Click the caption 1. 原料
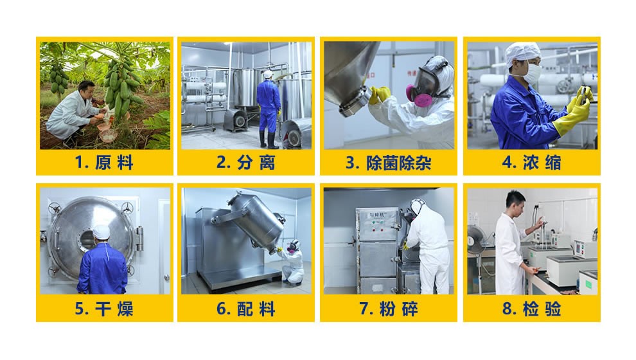pyautogui.click(x=104, y=163)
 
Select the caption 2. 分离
pyautogui.click(x=246, y=163)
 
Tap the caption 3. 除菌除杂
pyautogui.click(x=388, y=163)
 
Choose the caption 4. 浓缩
pyautogui.click(x=531, y=163)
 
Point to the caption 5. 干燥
pyautogui.click(x=104, y=309)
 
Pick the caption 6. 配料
pyautogui.click(x=246, y=309)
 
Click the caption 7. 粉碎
pyautogui.click(x=388, y=309)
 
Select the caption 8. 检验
pyautogui.click(x=531, y=309)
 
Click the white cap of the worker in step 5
pyautogui.click(x=101, y=232)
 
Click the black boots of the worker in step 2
pyautogui.click(x=269, y=139)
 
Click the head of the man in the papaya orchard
pyautogui.click(x=87, y=89)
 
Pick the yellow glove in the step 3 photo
pyautogui.click(x=379, y=95)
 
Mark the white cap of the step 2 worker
pyautogui.click(x=268, y=75)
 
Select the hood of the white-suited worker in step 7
pyautogui.click(x=418, y=206)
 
